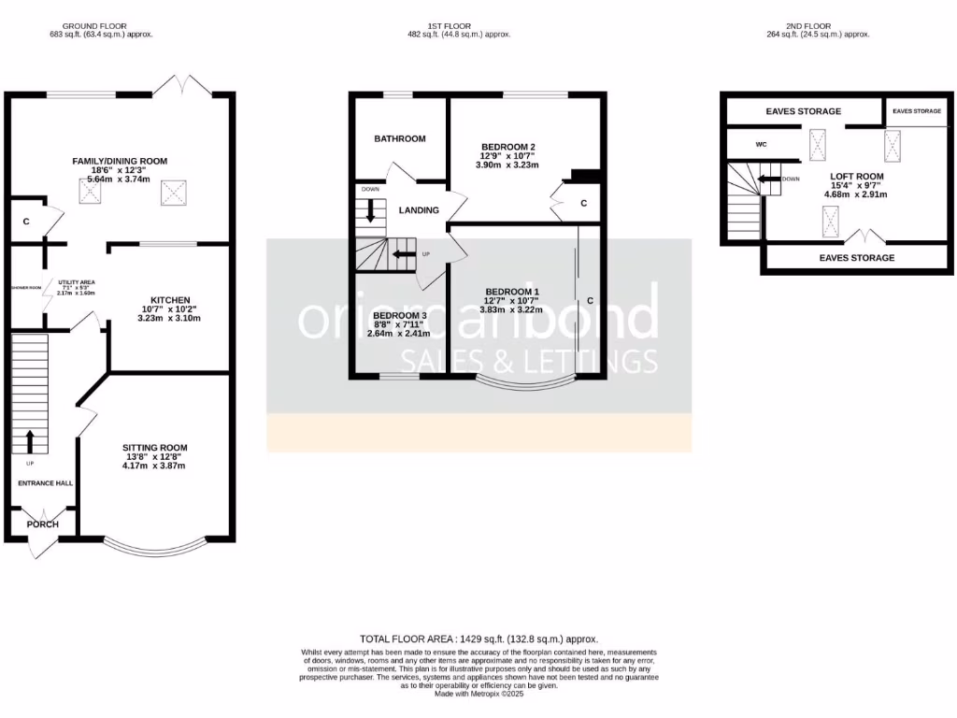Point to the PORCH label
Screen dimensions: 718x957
(x=42, y=524)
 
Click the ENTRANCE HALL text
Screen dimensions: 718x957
(x=45, y=483)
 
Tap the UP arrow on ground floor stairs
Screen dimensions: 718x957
(x=29, y=440)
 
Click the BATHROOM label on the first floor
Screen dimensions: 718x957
(x=400, y=138)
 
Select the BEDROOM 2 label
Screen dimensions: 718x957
(x=507, y=147)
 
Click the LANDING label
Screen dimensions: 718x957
(x=419, y=210)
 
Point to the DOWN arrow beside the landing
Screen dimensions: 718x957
(x=371, y=210)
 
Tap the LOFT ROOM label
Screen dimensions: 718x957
(x=857, y=176)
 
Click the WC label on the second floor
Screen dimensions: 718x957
(x=761, y=144)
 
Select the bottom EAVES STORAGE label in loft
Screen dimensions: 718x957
(x=856, y=257)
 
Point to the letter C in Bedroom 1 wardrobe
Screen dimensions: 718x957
(x=591, y=301)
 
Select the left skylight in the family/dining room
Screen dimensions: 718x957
(x=92, y=193)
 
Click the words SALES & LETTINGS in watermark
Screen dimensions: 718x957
(x=529, y=362)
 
